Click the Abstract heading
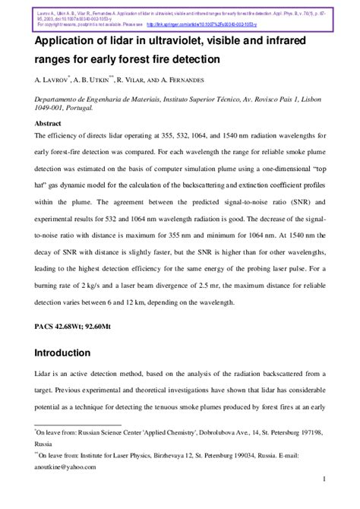pyautogui.click(x=49, y=122)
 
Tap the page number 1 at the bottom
pyautogui.click(x=324, y=499)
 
